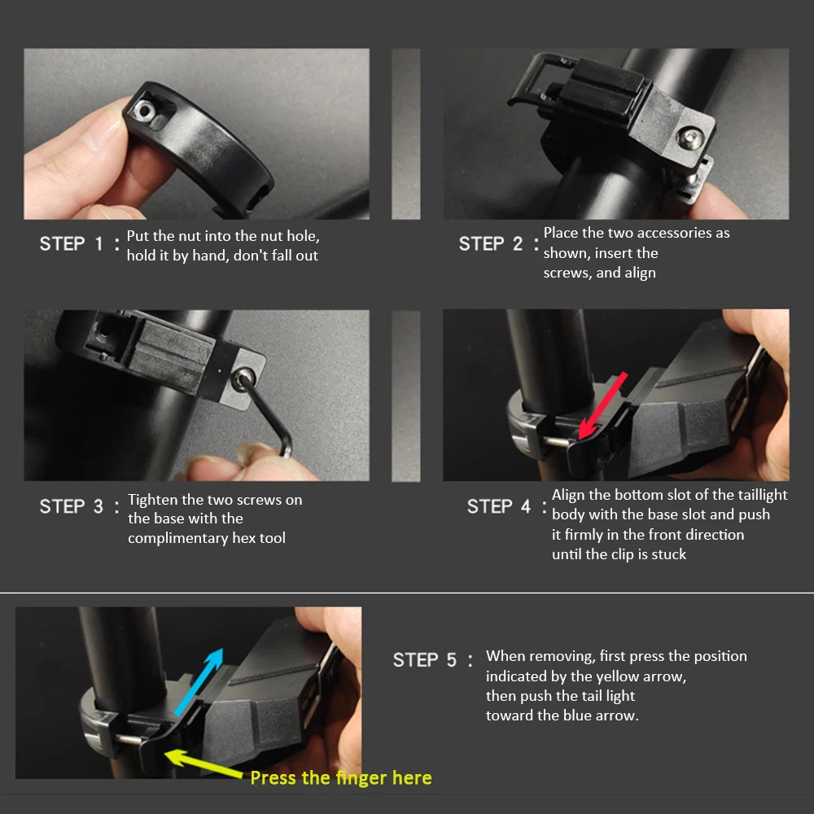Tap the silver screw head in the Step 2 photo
pyautogui.click(x=691, y=138)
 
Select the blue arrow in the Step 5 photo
pyautogui.click(x=199, y=682)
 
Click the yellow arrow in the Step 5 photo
pyautogui.click(x=203, y=764)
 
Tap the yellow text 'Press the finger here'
pyautogui.click(x=340, y=777)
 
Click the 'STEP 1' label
pyautogui.click(x=71, y=243)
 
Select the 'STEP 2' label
pyautogui.click(x=490, y=243)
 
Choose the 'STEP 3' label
pyautogui.click(x=71, y=506)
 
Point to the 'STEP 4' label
pyautogui.click(x=498, y=506)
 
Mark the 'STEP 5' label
pyautogui.click(x=424, y=660)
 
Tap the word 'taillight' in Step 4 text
pyautogui.click(x=763, y=495)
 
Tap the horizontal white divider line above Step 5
pyautogui.click(x=407, y=593)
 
